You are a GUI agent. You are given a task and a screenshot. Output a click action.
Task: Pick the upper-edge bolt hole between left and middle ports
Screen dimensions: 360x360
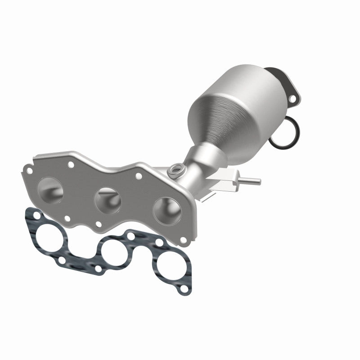(71, 165)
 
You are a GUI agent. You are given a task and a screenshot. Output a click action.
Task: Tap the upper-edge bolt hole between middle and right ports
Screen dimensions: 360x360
(138, 176)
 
